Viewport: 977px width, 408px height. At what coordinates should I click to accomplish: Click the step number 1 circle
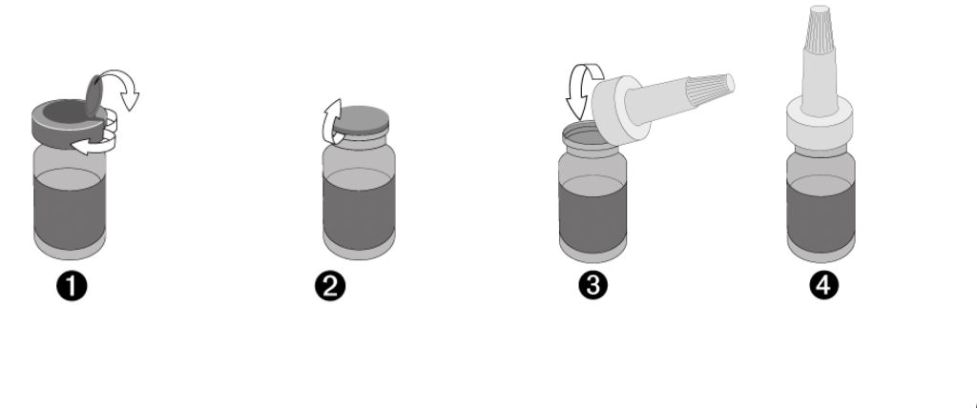[x=72, y=287]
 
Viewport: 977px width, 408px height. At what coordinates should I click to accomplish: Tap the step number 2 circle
[x=330, y=287]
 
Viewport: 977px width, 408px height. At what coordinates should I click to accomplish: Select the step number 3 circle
[x=593, y=285]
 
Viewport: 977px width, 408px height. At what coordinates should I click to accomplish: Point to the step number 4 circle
[x=823, y=285]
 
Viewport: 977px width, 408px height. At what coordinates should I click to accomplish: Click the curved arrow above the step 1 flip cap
[x=121, y=86]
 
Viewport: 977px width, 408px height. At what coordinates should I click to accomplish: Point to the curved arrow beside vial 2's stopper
[x=331, y=121]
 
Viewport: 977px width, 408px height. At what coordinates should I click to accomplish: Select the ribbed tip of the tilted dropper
[x=710, y=87]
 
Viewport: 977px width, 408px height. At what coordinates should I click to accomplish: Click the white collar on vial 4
[x=820, y=125]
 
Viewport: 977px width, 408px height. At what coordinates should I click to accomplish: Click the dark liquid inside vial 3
[x=592, y=214]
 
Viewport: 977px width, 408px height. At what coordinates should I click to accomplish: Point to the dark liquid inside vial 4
[x=821, y=214]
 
